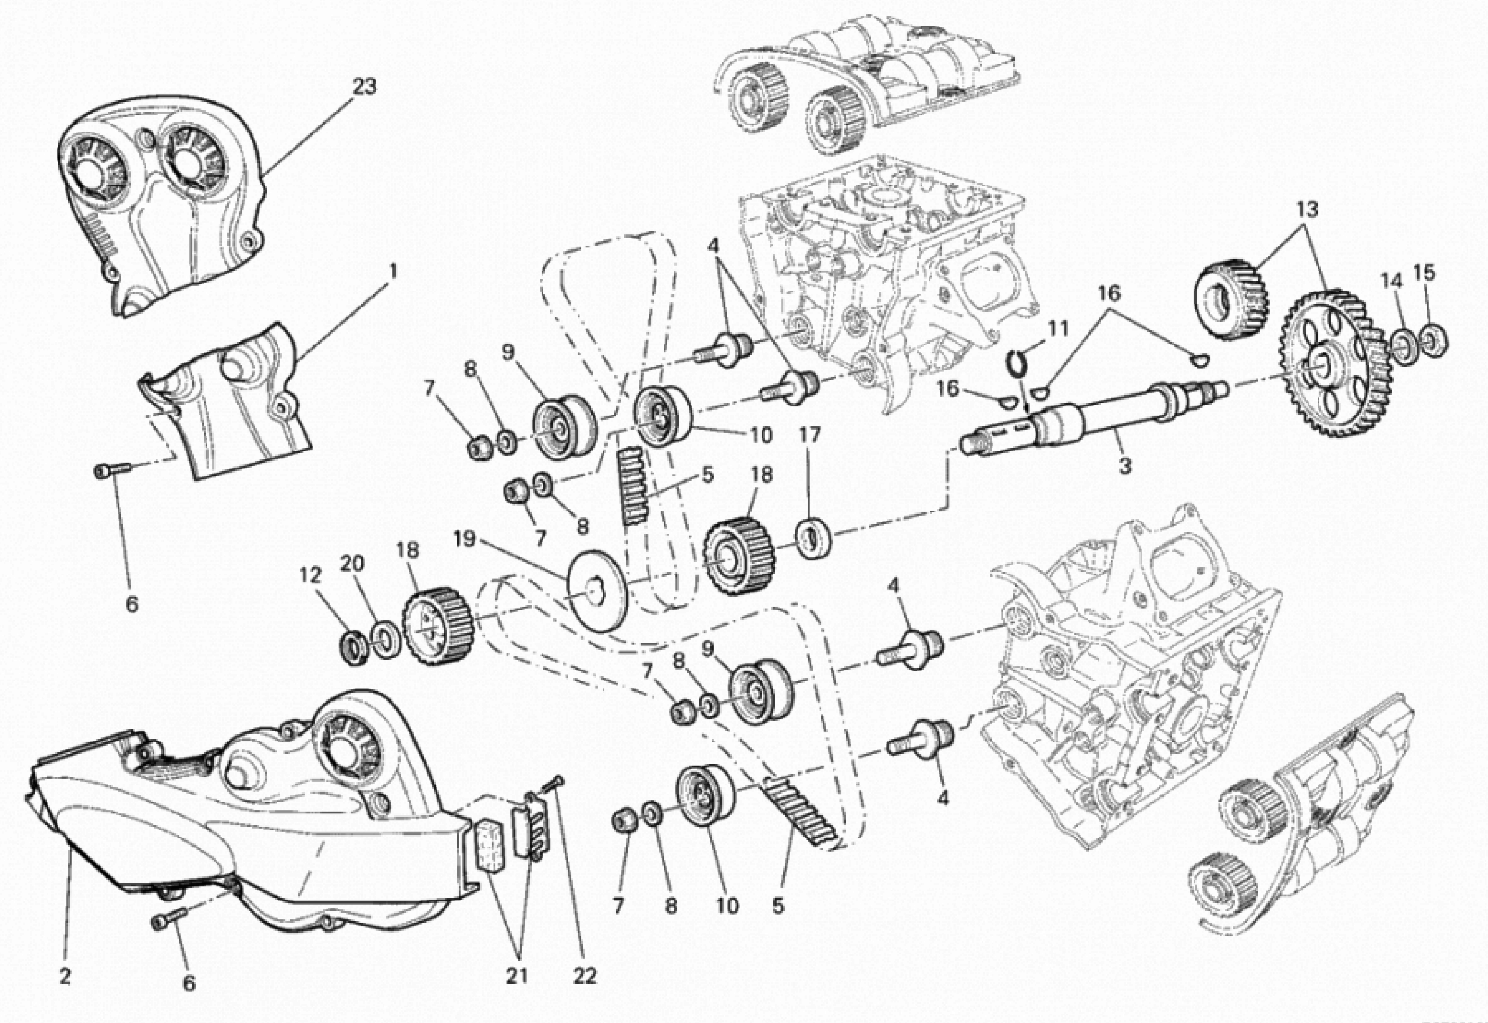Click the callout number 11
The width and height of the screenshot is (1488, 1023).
tap(1057, 330)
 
